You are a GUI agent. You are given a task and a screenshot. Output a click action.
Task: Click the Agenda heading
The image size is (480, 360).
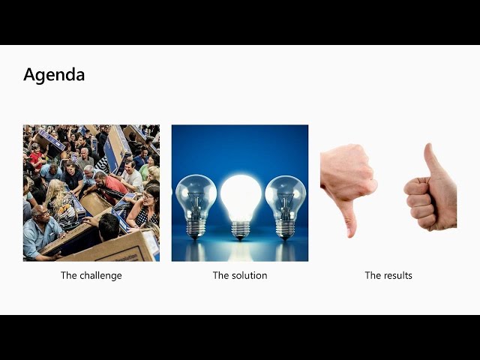(54, 75)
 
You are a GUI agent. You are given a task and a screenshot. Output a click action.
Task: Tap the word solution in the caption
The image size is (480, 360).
(249, 275)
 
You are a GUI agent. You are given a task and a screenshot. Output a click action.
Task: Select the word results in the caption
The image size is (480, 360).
(398, 275)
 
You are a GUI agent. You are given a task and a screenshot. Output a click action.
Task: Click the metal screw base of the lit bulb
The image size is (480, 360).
(241, 230)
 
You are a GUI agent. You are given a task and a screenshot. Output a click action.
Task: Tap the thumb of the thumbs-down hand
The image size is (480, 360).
(350, 218)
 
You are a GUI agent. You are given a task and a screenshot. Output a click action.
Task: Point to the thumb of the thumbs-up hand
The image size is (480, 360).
(432, 159)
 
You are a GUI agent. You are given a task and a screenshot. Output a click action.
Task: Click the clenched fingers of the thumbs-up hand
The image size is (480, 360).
(418, 200)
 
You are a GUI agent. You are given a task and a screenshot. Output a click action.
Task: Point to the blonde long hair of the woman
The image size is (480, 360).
(55, 192)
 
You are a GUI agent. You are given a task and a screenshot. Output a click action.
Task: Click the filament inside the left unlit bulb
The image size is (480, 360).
(196, 203)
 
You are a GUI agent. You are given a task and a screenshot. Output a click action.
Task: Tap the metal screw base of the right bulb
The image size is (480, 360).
(285, 230)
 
